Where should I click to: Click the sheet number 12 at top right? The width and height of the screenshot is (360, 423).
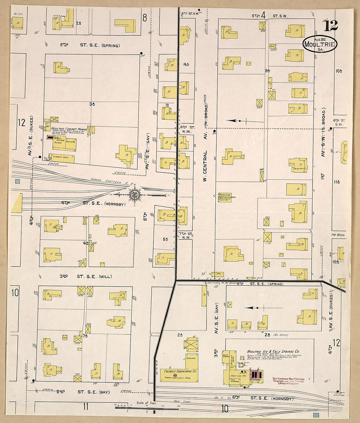[331, 26]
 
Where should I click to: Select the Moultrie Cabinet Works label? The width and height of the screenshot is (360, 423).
[69, 129]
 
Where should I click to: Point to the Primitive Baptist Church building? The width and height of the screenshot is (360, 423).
[225, 197]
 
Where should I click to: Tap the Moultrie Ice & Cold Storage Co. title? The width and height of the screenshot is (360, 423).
[273, 352]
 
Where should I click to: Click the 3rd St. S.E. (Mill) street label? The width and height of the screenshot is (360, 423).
[85, 276]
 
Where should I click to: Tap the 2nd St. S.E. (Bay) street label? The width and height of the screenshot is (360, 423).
[83, 392]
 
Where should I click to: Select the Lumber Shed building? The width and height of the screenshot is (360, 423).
[62, 158]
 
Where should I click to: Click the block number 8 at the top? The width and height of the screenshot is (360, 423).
[144, 18]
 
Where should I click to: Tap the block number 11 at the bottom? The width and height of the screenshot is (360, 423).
[85, 407]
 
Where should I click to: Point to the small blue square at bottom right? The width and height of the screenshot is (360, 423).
[316, 415]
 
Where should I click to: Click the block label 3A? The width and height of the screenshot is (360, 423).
[92, 104]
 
